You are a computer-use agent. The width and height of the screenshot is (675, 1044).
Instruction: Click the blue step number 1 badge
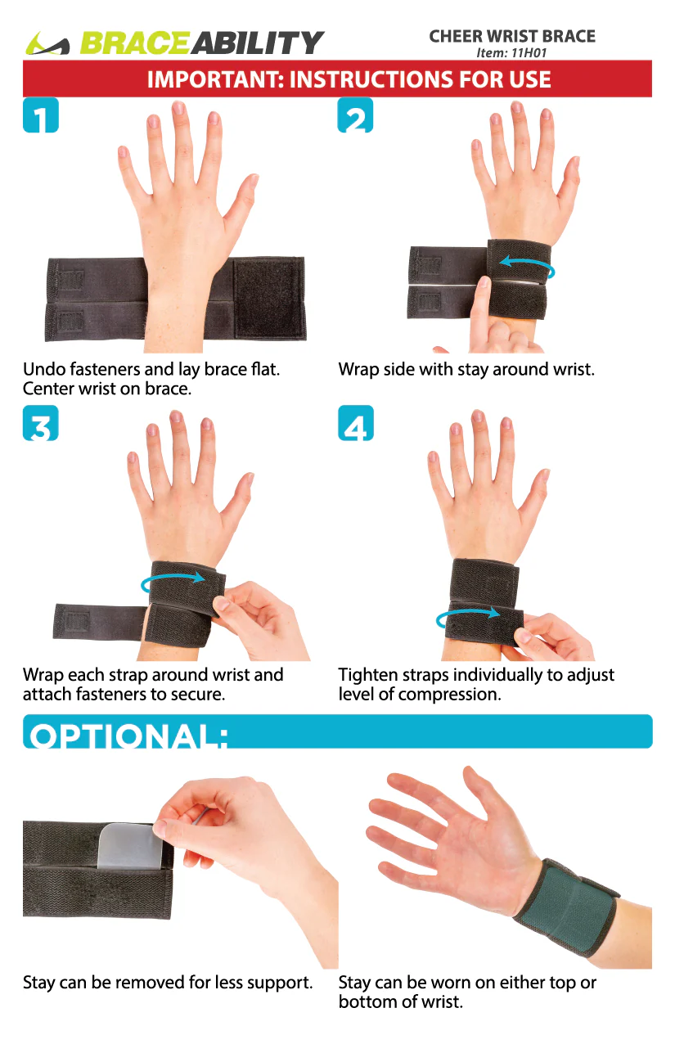click(x=41, y=115)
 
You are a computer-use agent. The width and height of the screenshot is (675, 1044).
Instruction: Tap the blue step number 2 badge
click(x=355, y=115)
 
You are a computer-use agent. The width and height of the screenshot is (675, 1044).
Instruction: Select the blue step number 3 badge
click(x=41, y=423)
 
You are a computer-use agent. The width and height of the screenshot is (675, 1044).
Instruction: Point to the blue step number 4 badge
click(x=356, y=423)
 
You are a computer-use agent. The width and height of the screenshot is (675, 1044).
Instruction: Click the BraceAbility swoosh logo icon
click(x=47, y=43)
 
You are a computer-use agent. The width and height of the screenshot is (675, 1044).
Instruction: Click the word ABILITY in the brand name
click(x=256, y=43)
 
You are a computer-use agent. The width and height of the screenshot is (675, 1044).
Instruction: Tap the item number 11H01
click(x=529, y=52)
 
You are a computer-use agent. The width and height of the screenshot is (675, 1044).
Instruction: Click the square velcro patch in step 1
click(x=268, y=298)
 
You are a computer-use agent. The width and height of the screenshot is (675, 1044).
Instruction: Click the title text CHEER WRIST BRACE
click(x=512, y=36)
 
